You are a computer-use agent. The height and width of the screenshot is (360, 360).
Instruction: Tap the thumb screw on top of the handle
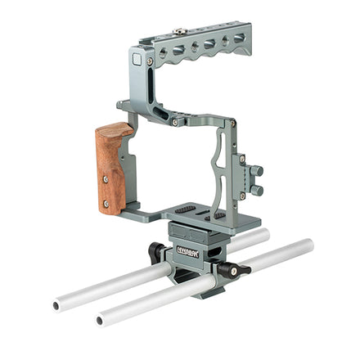tap(176, 34)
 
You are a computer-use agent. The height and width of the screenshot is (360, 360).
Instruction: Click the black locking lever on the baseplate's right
tap(238, 270)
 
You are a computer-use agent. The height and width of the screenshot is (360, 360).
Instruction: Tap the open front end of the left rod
tap(57, 305)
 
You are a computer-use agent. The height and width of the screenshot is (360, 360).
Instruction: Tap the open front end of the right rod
tap(101, 317)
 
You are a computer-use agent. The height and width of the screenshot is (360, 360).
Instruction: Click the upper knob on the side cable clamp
tap(257, 171)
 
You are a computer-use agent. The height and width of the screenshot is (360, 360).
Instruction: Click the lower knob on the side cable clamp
tap(257, 190)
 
